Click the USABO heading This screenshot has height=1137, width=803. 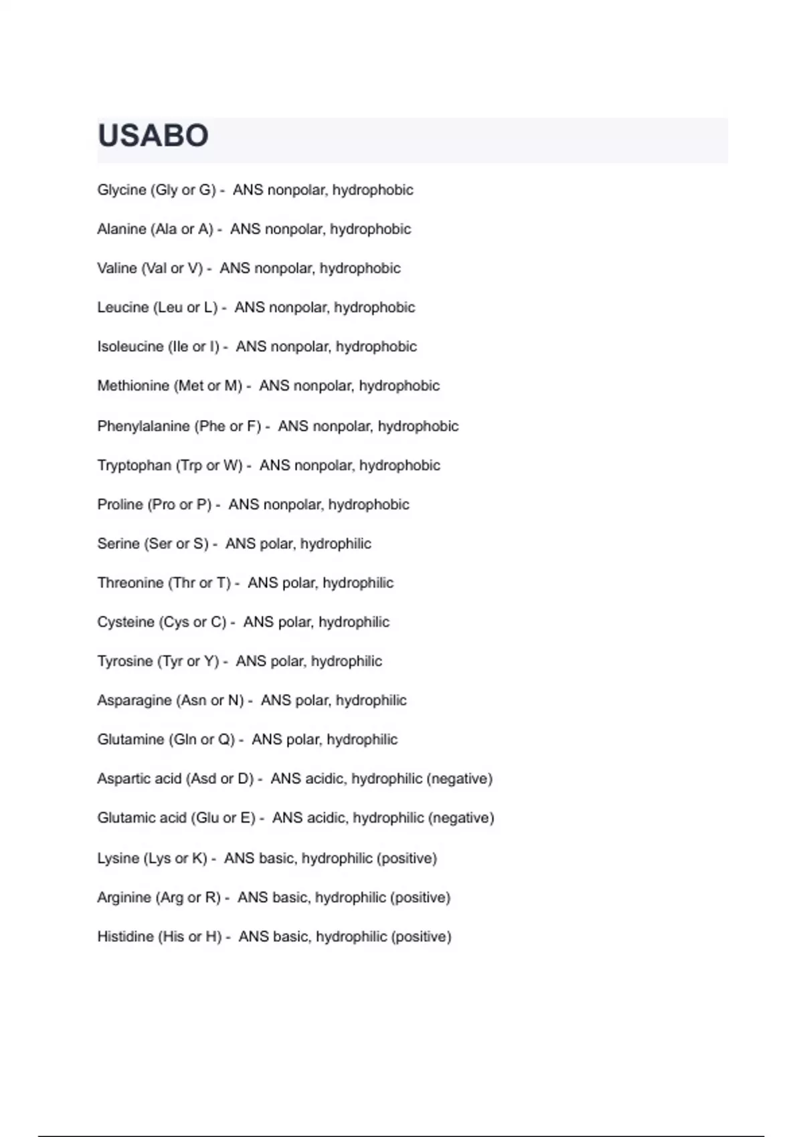click(153, 136)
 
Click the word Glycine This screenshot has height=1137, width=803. click(122, 190)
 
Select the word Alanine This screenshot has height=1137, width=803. click(122, 229)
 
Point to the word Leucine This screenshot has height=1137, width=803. click(123, 308)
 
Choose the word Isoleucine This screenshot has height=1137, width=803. click(130, 346)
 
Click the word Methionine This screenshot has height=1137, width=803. click(133, 386)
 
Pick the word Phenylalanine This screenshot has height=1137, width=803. click(143, 426)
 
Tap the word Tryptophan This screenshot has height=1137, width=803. click(134, 466)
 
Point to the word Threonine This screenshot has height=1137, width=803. click(130, 583)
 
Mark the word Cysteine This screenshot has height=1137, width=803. click(126, 622)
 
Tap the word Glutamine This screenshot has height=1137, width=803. click(130, 740)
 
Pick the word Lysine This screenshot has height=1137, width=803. click(118, 858)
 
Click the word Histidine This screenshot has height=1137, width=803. click(125, 936)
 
